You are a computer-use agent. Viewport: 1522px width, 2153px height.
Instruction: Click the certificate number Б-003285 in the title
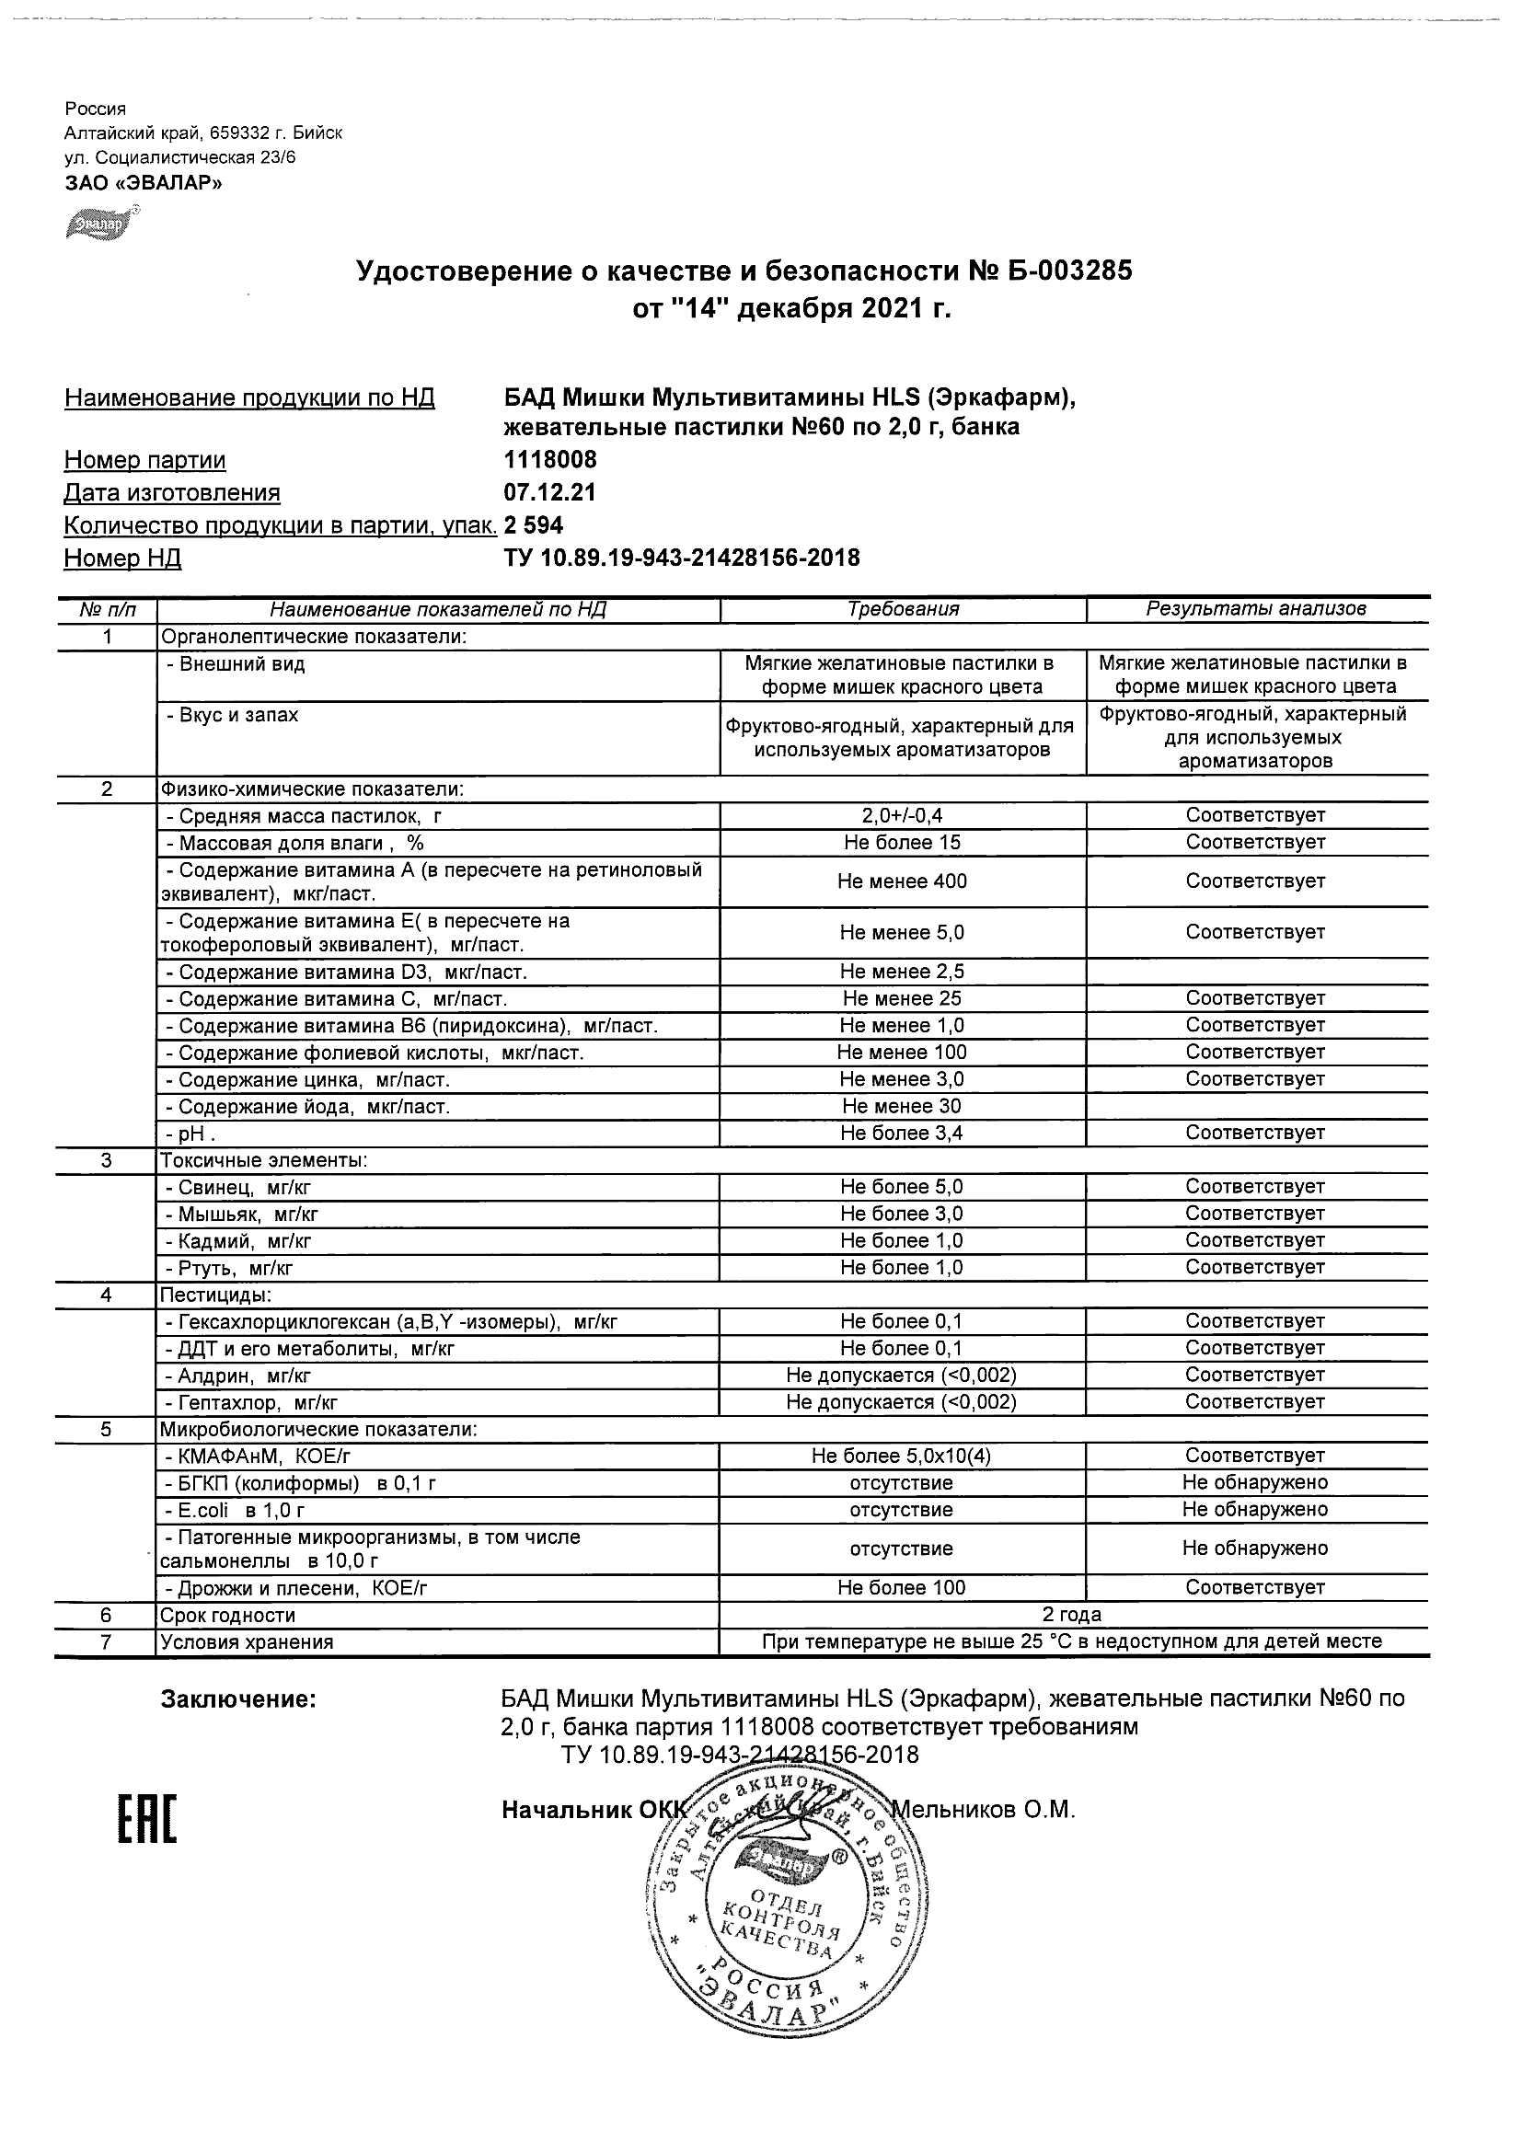coord(1067,272)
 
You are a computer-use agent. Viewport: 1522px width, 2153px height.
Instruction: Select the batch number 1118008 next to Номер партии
coord(549,460)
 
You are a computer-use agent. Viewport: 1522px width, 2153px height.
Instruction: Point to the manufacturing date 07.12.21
coord(549,493)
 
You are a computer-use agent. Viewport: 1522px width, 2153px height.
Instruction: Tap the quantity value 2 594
coord(534,525)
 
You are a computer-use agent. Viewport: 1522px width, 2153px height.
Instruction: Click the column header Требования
coord(902,609)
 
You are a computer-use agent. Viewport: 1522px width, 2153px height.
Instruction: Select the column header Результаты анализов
coord(1256,609)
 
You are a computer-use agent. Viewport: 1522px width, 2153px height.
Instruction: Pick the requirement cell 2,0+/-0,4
coord(902,816)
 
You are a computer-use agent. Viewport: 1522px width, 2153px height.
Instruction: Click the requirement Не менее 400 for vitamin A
coord(902,881)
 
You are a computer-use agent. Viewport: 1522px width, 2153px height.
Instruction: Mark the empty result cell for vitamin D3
coord(1256,972)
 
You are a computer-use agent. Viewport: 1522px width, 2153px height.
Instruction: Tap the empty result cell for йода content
coord(1256,1107)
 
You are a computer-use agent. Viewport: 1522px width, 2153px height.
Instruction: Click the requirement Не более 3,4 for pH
coord(902,1134)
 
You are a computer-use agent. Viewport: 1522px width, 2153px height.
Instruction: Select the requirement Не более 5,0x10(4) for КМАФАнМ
coord(902,1456)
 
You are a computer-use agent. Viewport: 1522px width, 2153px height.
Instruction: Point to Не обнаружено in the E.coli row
coord(1256,1510)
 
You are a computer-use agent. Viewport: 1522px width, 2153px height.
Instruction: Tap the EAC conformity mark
coord(146,1821)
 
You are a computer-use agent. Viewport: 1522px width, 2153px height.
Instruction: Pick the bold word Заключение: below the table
coord(238,1699)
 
